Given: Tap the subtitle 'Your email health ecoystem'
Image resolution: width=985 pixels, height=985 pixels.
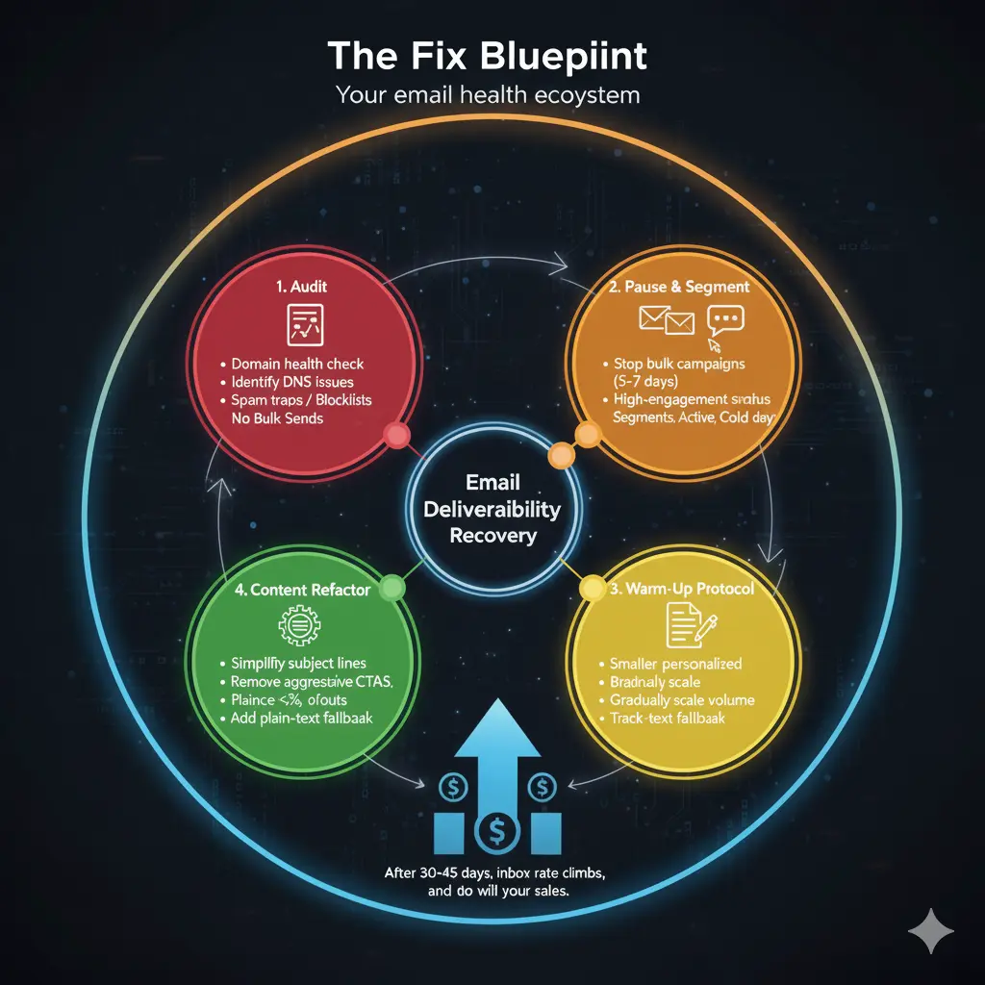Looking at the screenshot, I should coord(488,96).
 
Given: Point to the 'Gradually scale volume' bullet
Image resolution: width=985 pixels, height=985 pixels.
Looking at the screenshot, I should coord(682,700).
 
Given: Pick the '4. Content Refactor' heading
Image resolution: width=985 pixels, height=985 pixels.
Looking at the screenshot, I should coord(296,590).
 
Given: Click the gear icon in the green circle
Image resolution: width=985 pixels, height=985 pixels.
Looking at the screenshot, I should coord(296,626).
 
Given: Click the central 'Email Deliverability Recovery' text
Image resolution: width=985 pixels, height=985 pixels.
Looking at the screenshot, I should coord(492,507).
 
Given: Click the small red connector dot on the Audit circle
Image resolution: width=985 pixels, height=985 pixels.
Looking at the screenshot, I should coord(395,437).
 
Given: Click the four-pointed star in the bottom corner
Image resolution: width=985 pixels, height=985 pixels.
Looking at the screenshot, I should coord(931,931).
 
